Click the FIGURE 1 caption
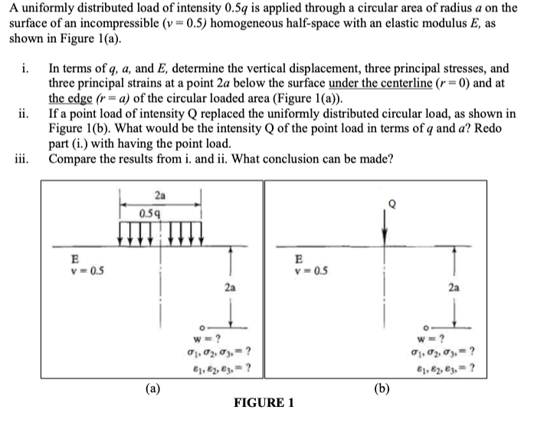[264, 402]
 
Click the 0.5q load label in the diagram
[150, 212]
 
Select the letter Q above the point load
[393, 205]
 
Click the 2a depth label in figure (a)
[230, 287]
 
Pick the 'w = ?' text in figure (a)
[208, 339]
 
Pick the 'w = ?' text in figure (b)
[445, 339]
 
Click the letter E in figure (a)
[74, 259]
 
